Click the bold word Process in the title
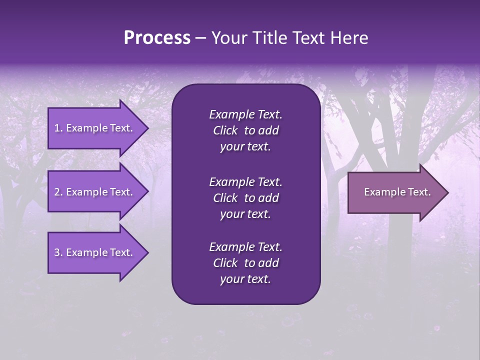pyautogui.click(x=157, y=38)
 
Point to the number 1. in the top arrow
pyautogui.click(x=58, y=128)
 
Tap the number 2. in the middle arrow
pyautogui.click(x=58, y=192)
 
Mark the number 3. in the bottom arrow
pyautogui.click(x=58, y=252)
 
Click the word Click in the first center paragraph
pyautogui.click(x=225, y=130)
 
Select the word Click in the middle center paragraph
pyautogui.click(x=225, y=198)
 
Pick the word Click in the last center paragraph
pyautogui.click(x=225, y=263)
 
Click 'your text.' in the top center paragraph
pyautogui.click(x=245, y=147)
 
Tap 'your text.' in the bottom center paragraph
pyautogui.click(x=245, y=279)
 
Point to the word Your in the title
pyautogui.click(x=229, y=38)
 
